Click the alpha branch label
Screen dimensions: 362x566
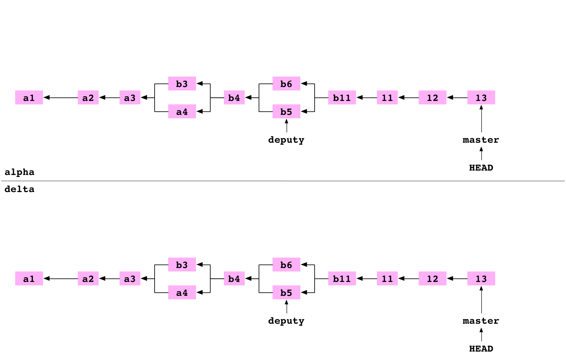[x=22, y=172]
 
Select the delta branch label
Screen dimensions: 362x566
[x=29, y=189]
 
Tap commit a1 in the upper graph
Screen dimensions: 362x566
[x=29, y=97]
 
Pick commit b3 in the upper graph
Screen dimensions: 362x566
[x=182, y=84]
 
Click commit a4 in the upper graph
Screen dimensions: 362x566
[x=182, y=111]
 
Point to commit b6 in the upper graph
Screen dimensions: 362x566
[x=286, y=84]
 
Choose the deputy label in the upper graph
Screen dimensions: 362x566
[x=286, y=139]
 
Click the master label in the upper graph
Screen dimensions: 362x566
[x=481, y=139]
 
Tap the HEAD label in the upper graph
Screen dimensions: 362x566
[x=481, y=167]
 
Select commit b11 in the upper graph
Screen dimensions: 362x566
[x=342, y=97]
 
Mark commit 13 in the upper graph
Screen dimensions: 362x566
[x=481, y=97]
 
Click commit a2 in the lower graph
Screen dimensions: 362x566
[x=88, y=278]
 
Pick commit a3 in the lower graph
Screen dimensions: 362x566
[x=130, y=278]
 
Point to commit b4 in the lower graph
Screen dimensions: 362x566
[x=234, y=278]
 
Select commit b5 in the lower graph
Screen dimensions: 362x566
[x=286, y=292]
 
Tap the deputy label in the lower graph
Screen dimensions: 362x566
[x=286, y=320]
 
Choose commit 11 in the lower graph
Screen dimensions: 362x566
[x=387, y=278]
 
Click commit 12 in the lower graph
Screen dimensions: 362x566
[x=433, y=278]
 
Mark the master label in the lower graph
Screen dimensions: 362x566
[x=481, y=320]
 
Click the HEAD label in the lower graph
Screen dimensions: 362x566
[x=481, y=348]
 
